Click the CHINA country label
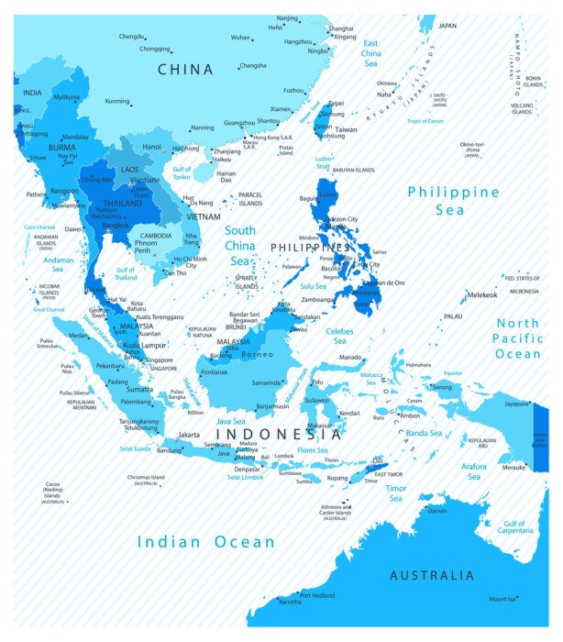click(185, 69)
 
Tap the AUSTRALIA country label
click(432, 576)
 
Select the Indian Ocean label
click(206, 542)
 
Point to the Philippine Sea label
click(454, 201)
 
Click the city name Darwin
click(438, 511)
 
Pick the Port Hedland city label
click(317, 595)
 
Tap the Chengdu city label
click(131, 37)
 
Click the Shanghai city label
click(341, 28)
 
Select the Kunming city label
click(117, 101)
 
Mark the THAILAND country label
click(122, 203)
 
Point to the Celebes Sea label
click(339, 331)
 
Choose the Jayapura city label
click(517, 403)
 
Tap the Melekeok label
click(482, 294)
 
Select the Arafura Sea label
click(474, 471)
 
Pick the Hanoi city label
click(152, 146)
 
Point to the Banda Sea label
click(425, 433)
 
